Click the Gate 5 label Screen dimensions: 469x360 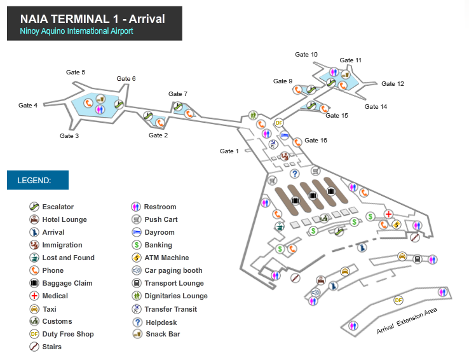click(x=76, y=72)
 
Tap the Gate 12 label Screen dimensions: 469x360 click(x=393, y=84)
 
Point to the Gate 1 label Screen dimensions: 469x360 click(x=229, y=151)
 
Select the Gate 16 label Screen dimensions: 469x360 click(x=316, y=141)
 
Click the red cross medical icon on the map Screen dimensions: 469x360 click(x=388, y=214)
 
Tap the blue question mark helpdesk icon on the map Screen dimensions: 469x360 click(x=295, y=174)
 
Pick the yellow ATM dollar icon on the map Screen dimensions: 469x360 click(x=397, y=224)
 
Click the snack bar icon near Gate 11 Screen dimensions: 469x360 click(x=345, y=74)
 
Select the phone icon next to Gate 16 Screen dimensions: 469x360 click(x=297, y=142)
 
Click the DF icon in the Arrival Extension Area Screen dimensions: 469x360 click(x=398, y=300)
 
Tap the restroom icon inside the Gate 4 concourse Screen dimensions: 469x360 click(x=100, y=109)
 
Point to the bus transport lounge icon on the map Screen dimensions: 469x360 click(x=418, y=259)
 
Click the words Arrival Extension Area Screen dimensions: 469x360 click(x=407, y=321)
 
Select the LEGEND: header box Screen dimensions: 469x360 click(x=37, y=180)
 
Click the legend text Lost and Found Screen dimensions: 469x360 click(x=68, y=258)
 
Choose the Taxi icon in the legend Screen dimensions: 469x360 click(x=34, y=309)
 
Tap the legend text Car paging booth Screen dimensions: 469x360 click(x=173, y=270)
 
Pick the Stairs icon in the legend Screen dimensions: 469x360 click(x=34, y=347)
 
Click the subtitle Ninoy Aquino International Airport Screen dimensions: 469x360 click(x=76, y=31)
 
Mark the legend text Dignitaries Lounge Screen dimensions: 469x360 click(x=176, y=296)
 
